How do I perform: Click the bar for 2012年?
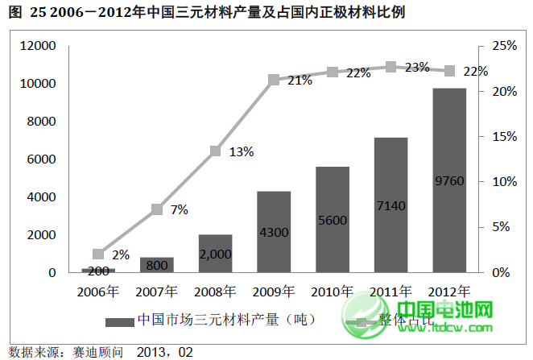[449, 180]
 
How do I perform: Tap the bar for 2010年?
[332, 219]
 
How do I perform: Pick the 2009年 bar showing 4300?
[274, 232]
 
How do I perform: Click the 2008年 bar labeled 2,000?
[215, 253]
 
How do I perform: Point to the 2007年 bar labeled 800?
[156, 265]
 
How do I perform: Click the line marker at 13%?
[215, 151]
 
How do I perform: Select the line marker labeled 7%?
[157, 209]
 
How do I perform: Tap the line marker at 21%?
[274, 80]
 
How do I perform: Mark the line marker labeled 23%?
[390, 67]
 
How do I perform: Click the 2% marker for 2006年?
[98, 254]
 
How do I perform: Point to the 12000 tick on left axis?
[39, 47]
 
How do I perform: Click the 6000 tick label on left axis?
[42, 159]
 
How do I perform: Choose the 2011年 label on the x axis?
[390, 291]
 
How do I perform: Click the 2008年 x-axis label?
[215, 291]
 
